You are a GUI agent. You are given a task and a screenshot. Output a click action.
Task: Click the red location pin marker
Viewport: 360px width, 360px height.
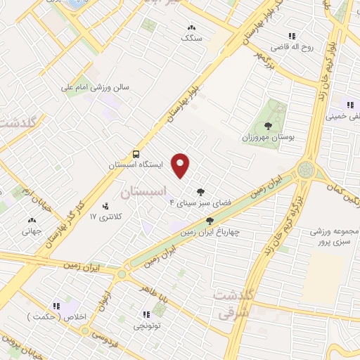point(181,165)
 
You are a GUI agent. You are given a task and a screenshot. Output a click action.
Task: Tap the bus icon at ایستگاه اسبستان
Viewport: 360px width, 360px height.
point(136,154)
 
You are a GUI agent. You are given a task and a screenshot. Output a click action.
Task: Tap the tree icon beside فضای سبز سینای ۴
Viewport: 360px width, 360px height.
point(201,191)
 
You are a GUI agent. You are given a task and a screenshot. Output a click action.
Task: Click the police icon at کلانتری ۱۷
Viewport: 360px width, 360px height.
point(105,205)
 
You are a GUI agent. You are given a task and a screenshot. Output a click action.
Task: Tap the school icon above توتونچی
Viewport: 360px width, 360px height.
point(146,314)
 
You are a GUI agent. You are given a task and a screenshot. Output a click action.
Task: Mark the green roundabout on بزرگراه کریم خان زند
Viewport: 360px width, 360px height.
point(306,169)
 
